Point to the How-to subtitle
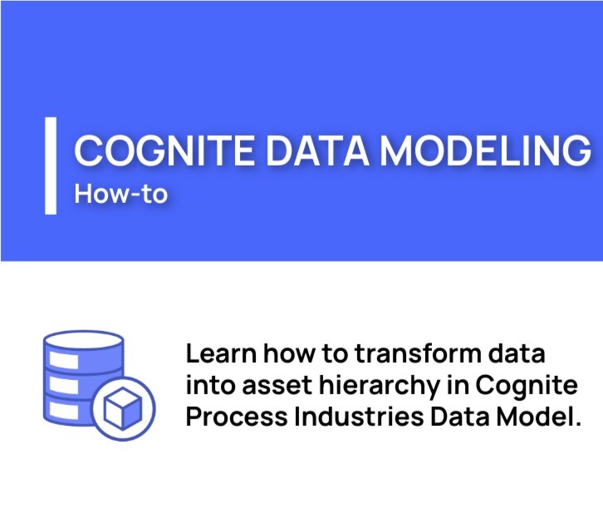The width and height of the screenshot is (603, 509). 120,194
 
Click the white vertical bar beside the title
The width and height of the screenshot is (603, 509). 51,166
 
